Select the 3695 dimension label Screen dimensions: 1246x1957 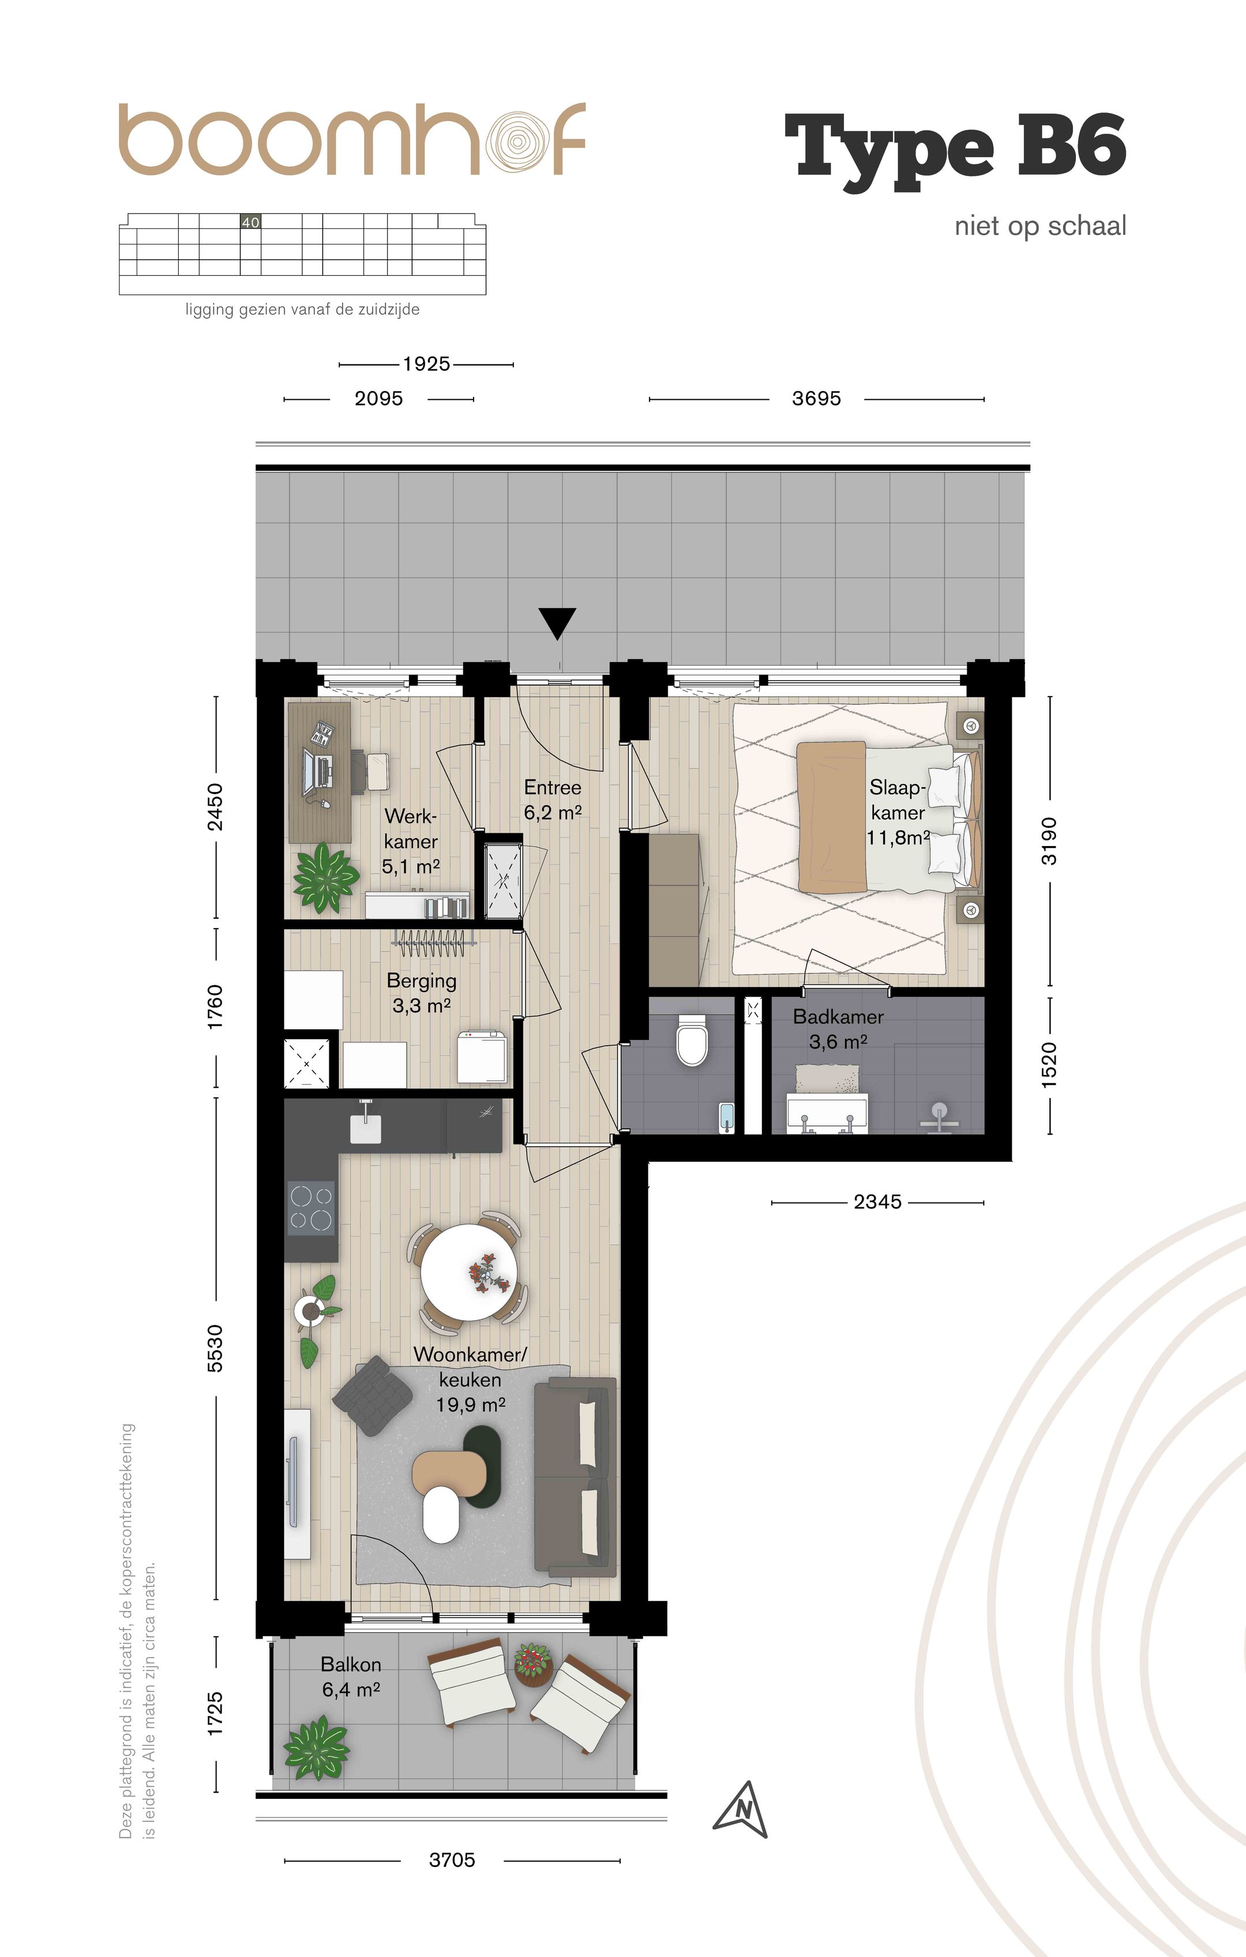point(816,398)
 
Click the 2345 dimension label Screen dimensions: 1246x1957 point(878,1201)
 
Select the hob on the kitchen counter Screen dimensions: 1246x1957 point(311,1208)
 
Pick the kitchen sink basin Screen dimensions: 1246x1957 point(366,1128)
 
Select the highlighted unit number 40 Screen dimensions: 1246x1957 point(250,221)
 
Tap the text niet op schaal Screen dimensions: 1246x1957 point(1041,226)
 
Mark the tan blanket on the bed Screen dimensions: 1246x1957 point(831,815)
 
